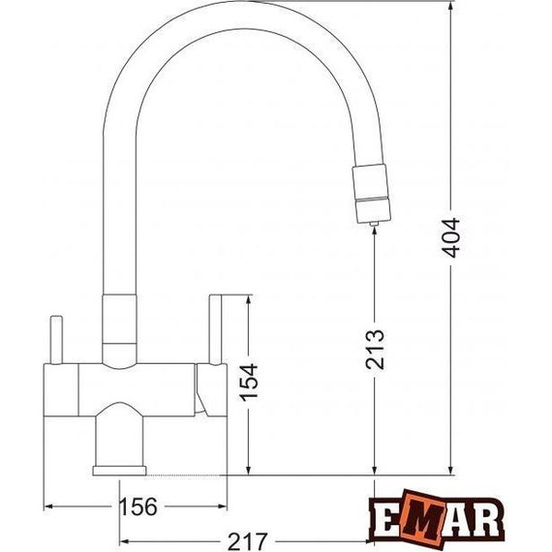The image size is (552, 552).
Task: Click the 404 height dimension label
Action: (451, 237)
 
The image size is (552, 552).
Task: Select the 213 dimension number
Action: (375, 350)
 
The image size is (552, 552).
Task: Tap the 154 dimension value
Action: (249, 383)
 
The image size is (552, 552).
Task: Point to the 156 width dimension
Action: (138, 506)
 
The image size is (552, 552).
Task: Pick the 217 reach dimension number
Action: (248, 541)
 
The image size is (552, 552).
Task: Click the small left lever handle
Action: (56, 340)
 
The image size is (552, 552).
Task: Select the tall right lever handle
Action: (215, 329)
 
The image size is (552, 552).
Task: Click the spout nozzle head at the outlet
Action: (372, 194)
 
